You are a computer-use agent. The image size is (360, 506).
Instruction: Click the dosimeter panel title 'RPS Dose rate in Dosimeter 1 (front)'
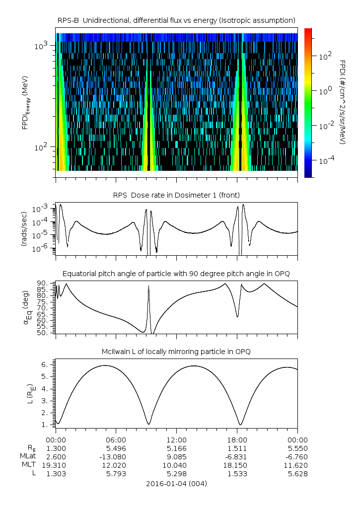pos(176,195)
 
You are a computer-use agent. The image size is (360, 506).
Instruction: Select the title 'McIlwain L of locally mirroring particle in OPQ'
pos(176,352)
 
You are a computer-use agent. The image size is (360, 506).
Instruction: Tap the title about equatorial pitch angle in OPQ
pos(176,274)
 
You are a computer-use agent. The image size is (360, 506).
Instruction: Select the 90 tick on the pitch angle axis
pos(41,283)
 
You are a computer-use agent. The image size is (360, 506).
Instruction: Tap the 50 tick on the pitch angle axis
pos(41,333)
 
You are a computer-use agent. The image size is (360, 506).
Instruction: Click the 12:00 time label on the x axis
pos(176,439)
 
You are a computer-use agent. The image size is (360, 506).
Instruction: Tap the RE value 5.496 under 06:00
pos(116,448)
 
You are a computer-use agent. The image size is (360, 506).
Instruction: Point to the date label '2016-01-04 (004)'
pos(176,483)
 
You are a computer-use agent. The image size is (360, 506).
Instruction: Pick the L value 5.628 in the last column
pos(297,474)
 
